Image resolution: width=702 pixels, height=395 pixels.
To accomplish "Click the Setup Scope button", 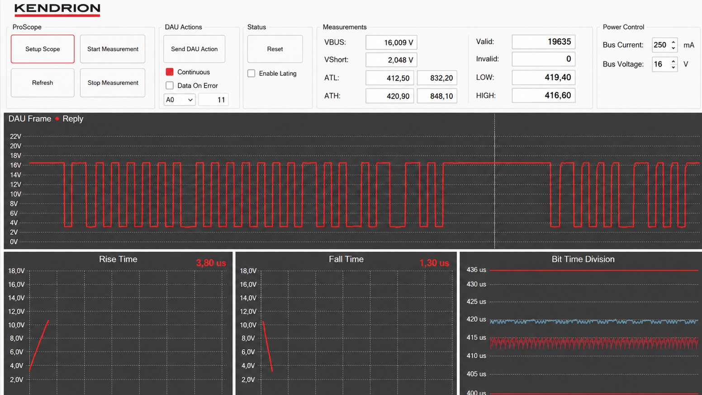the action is tap(43, 49).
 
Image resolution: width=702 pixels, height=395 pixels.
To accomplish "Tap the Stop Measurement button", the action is tap(113, 83).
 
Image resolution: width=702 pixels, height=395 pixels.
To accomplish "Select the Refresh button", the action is tap(43, 83).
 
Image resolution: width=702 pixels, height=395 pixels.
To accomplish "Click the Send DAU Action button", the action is tap(194, 49).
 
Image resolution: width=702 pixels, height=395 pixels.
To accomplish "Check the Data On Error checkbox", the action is tap(170, 86).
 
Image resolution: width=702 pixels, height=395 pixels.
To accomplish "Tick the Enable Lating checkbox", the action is tap(251, 73).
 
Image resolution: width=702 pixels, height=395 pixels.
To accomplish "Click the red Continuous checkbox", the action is tap(170, 72).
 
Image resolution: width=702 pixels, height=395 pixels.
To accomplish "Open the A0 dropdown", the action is tap(180, 100).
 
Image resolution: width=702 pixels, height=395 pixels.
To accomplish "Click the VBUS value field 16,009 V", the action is tap(391, 43).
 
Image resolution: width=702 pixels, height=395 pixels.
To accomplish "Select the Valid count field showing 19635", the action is tap(543, 42).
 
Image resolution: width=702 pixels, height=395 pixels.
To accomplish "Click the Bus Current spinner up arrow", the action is tap(673, 43).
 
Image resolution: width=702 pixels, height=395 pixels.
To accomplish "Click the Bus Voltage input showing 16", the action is tap(661, 64).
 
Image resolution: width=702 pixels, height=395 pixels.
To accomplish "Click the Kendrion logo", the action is tap(57, 10).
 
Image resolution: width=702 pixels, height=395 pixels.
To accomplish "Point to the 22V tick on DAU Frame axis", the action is tap(15, 136).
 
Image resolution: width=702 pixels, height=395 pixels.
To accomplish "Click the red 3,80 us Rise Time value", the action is tap(211, 263).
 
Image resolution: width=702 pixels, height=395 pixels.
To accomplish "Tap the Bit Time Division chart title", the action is tap(583, 259).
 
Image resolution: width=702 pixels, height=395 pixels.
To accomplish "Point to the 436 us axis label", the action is tap(476, 270).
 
